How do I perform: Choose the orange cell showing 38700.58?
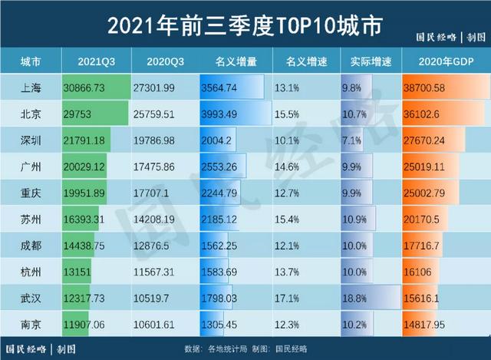[x=433, y=88]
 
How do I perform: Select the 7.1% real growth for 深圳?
[x=354, y=141]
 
